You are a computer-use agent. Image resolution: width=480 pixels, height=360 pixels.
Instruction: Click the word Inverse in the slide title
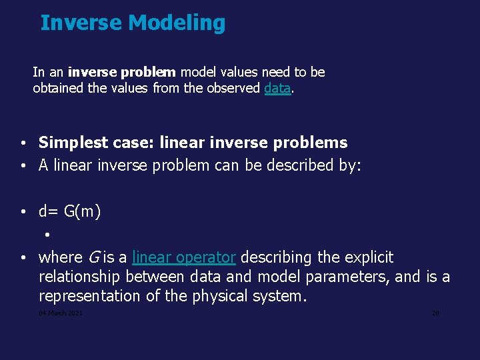(x=81, y=23)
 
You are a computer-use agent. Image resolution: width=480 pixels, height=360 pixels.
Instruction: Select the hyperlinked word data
(x=277, y=88)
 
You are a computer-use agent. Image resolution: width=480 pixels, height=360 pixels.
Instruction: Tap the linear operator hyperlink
(x=184, y=257)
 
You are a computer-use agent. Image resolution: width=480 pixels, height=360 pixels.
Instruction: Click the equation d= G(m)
(x=69, y=212)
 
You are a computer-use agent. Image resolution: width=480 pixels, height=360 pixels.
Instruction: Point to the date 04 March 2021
(x=61, y=313)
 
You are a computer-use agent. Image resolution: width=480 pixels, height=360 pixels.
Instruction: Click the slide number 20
(x=435, y=313)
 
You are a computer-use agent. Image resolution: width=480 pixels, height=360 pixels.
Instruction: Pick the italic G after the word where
(x=93, y=257)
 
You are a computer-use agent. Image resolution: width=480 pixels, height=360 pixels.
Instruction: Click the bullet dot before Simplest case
(x=23, y=143)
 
